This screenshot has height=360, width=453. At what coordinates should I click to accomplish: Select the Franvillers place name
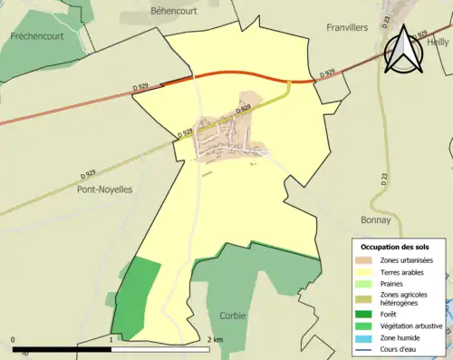point(347,28)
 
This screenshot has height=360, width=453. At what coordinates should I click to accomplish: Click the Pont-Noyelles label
point(105,190)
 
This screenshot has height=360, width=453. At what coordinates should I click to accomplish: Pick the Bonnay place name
point(375,219)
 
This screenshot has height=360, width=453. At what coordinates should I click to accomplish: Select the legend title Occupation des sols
point(395,247)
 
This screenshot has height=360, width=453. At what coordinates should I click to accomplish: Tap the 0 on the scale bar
point(14,340)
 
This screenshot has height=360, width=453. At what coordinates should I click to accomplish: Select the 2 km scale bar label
point(214,340)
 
